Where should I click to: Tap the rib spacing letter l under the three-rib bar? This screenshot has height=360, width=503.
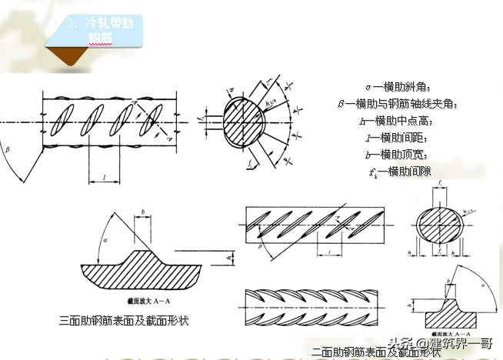click(103, 176)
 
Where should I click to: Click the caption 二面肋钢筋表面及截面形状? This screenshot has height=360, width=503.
click(376, 352)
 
